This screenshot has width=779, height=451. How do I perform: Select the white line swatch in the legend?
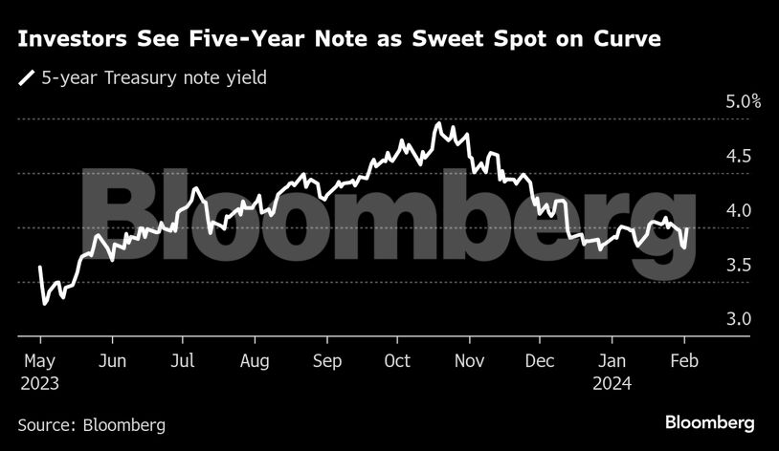[x=25, y=77]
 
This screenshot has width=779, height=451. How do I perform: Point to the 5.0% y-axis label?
[x=741, y=102]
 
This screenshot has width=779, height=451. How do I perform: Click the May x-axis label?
[x=40, y=361]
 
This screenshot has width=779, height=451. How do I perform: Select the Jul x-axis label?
[x=183, y=361]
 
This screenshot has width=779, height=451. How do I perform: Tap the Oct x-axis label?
[x=396, y=361]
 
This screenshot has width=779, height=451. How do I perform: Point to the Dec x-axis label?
[x=541, y=361]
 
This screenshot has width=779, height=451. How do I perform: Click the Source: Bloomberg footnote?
[x=92, y=424]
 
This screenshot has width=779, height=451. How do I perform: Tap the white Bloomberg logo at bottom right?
[x=710, y=422]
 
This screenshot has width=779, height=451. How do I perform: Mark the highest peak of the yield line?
[x=437, y=123]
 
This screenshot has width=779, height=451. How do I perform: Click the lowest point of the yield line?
[x=44, y=304]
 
